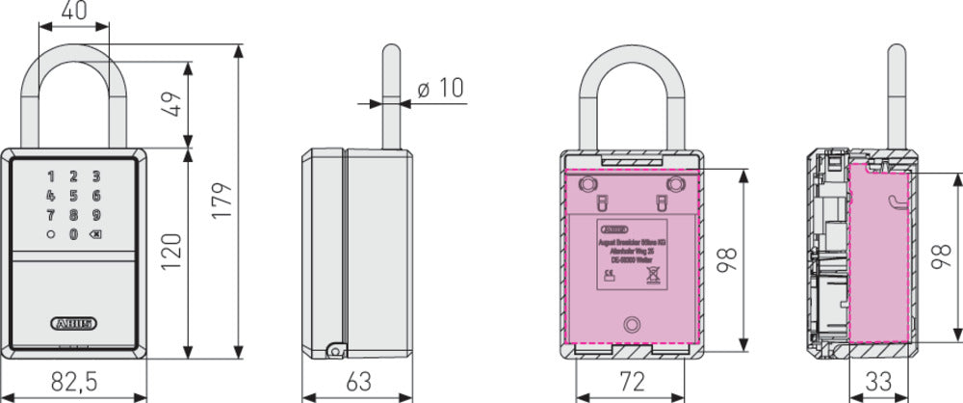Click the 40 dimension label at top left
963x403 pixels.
73,13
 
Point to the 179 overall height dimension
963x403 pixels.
224,201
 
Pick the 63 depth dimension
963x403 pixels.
358,383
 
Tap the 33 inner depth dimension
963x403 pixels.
878,383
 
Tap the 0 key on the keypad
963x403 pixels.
73,234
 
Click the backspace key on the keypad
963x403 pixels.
95,234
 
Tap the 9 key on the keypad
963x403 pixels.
96,215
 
